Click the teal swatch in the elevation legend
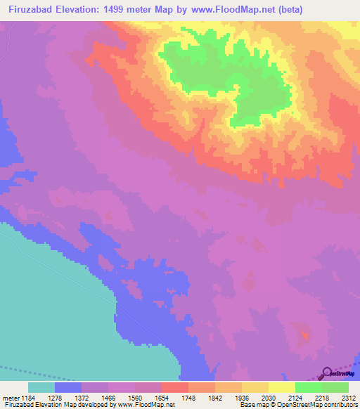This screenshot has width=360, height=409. point(41,387)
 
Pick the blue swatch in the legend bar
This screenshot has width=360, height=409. point(68,387)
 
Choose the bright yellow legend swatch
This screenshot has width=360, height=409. point(281,387)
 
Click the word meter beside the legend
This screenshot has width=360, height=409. point(11,397)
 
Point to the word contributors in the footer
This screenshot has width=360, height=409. point(340,405)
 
